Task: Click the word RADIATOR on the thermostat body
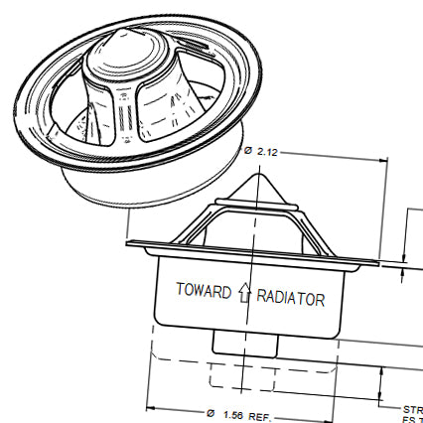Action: point(291,298)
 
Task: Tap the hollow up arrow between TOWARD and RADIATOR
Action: point(244,292)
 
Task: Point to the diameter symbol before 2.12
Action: point(247,151)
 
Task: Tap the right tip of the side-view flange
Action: point(377,262)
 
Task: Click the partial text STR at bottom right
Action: point(411,408)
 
